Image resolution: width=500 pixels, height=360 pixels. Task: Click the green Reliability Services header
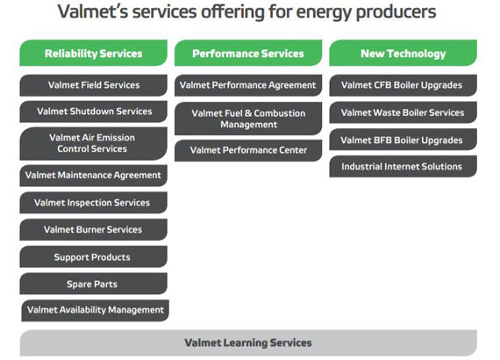coord(94,53)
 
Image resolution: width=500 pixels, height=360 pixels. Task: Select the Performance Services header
coord(248,53)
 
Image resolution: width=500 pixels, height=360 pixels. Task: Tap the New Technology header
coord(403,53)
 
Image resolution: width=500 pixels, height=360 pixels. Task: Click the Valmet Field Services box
coord(94,85)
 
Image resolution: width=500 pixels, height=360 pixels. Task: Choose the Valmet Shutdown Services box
coord(94,112)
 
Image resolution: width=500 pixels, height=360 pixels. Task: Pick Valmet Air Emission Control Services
coord(94,143)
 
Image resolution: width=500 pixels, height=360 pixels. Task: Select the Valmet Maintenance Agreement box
coord(94,176)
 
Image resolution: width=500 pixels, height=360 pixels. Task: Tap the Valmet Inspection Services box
coord(94,203)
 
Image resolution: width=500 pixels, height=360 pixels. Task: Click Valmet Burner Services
coord(94,229)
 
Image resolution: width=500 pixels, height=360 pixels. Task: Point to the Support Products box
coord(94,256)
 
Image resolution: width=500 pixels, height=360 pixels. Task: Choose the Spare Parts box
coord(94,284)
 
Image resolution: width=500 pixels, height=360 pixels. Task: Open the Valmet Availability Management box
coord(95,311)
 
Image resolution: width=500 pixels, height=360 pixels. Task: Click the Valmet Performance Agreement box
coord(248,85)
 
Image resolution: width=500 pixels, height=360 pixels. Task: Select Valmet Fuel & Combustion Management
coord(248,119)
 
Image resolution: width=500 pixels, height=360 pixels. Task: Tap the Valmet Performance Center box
coord(248,150)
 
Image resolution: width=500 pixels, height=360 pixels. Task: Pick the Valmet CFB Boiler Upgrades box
coord(403,85)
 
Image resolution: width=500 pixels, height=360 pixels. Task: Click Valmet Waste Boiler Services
coord(403,112)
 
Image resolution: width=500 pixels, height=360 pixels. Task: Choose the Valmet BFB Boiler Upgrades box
coord(403,140)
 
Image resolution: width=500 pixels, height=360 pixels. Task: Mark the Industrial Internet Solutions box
coord(403,166)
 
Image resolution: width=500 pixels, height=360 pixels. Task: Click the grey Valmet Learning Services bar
coord(248,342)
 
